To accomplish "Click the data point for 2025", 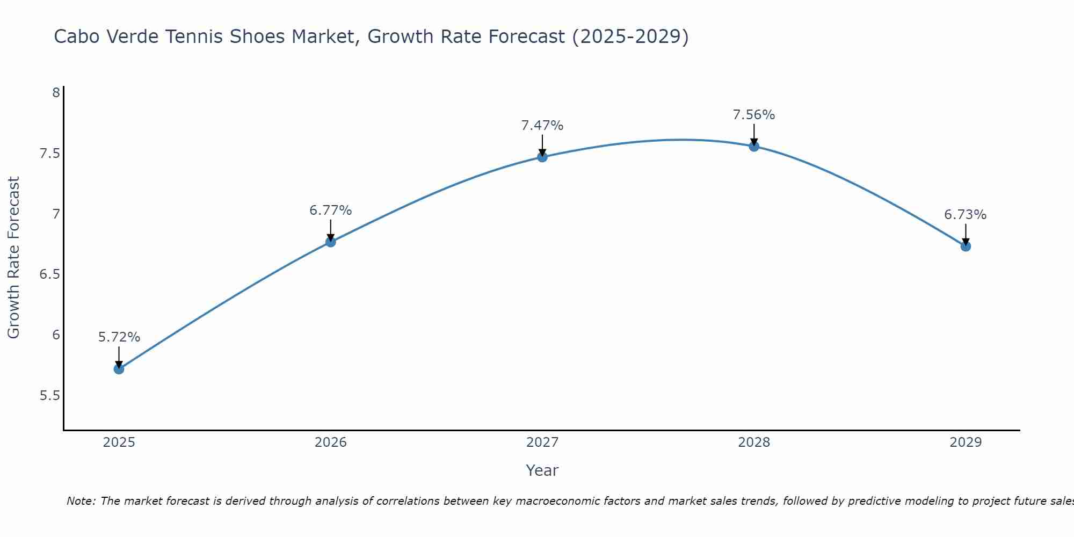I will pos(119,369).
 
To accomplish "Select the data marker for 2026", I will pos(331,242).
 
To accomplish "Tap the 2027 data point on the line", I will pos(542,157).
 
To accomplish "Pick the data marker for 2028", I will pos(754,146).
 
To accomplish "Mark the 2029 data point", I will pos(966,246).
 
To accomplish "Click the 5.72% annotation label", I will pos(119,337).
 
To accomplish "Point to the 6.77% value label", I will pos(331,211).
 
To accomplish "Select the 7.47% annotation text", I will pos(542,126).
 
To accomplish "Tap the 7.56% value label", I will pos(754,115).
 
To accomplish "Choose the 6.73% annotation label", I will pos(966,215).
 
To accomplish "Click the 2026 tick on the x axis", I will pos(331,442).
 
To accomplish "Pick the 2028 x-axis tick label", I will pos(754,442).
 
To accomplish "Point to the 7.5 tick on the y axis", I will pos(49,154).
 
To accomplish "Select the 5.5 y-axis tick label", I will pos(49,396).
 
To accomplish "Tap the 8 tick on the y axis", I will pos(56,93).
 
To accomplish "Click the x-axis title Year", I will pos(542,470).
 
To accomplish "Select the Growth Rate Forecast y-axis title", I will pos(14,258).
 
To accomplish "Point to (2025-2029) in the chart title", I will pos(630,37).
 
